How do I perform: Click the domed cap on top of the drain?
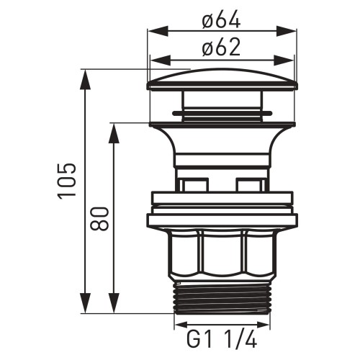coord(222,78)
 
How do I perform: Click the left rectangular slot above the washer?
coord(193,185)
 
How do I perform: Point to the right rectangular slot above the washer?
coord(250,185)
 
